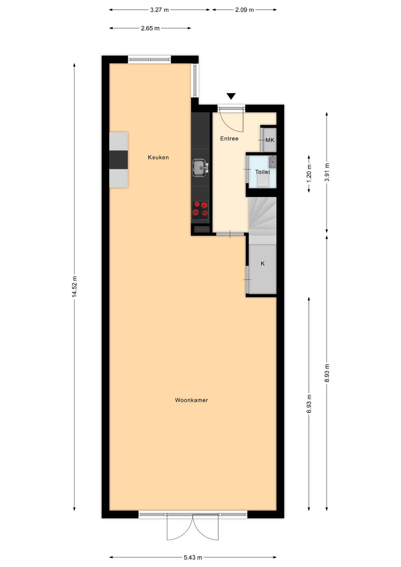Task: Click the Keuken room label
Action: (x=158, y=157)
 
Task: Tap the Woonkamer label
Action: (x=191, y=400)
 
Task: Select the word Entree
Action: (x=229, y=139)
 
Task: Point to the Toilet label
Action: (x=263, y=172)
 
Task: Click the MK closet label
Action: (x=270, y=140)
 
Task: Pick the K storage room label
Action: (x=263, y=263)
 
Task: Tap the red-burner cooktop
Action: (x=200, y=210)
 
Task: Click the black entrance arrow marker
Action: (x=231, y=96)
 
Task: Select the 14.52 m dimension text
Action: (x=74, y=286)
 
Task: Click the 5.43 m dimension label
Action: (x=193, y=557)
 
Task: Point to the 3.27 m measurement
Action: (x=159, y=10)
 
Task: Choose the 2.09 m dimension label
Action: (x=244, y=10)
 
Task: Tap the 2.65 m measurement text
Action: (x=150, y=28)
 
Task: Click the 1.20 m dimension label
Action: (x=309, y=174)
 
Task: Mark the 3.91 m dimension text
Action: (x=327, y=172)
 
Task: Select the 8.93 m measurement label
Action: (x=327, y=373)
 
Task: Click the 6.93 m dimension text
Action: (x=309, y=404)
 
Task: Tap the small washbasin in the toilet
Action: (x=272, y=162)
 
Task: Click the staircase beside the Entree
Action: (x=262, y=220)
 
